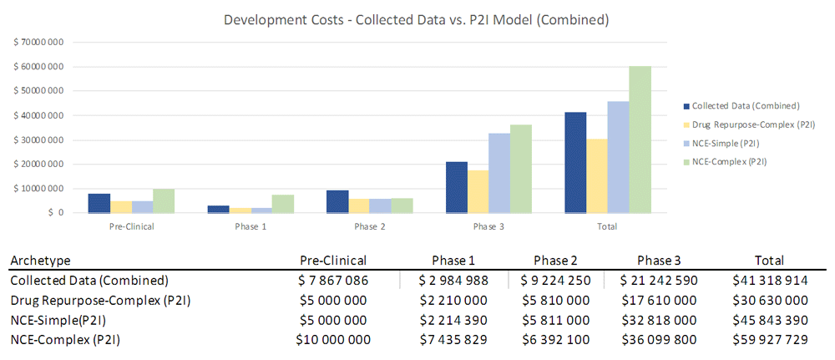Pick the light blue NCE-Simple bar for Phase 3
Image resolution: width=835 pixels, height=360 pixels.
click(499, 173)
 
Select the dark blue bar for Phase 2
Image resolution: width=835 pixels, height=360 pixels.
click(337, 201)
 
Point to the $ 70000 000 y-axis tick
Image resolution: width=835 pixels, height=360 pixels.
click(38, 43)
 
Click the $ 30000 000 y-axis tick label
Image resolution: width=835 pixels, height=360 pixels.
click(38, 140)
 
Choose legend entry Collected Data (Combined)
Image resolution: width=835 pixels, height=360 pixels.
click(746, 106)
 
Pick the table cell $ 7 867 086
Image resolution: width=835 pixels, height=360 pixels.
click(332, 280)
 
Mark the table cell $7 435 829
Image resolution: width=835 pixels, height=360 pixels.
click(454, 339)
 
